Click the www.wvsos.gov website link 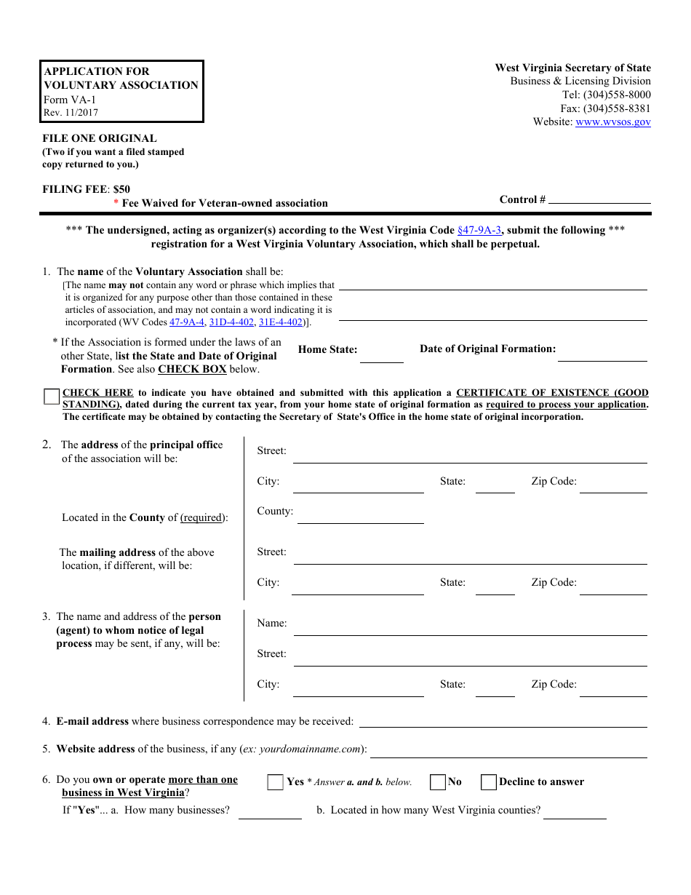click(x=612, y=122)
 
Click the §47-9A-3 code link click(x=479, y=230)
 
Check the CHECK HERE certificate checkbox click(x=52, y=397)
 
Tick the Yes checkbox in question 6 click(x=275, y=782)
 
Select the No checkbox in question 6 click(x=438, y=782)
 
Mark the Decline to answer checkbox click(x=489, y=782)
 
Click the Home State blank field click(x=382, y=357)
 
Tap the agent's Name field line click(x=470, y=629)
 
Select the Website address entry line click(x=508, y=752)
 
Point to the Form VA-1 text click(x=69, y=100)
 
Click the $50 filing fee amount click(x=121, y=189)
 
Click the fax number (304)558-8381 click(x=617, y=108)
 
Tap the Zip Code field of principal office click(x=613, y=487)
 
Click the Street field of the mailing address click(x=470, y=558)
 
